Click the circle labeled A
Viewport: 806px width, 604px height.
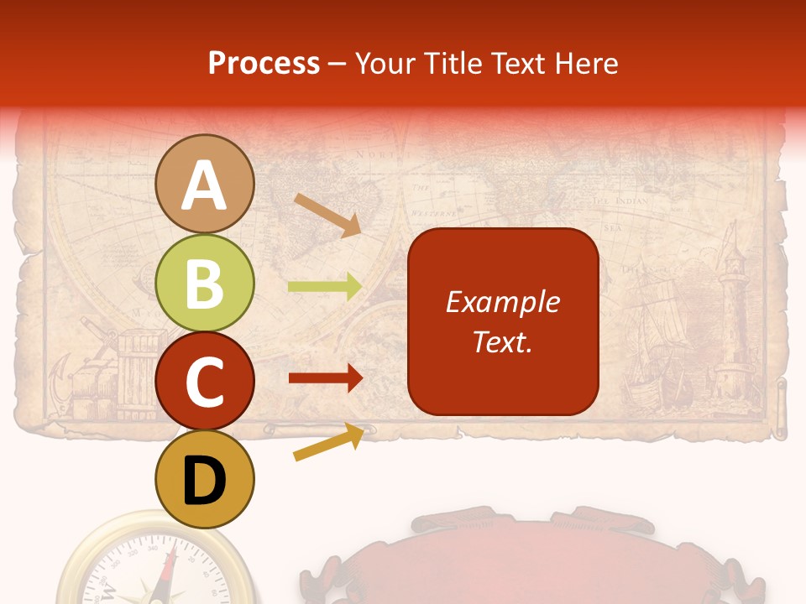[x=205, y=185]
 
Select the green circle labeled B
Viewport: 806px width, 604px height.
[x=205, y=284]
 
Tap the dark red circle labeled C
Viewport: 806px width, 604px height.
[x=205, y=382]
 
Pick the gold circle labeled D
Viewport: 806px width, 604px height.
[x=205, y=479]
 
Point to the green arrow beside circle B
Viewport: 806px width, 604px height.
[x=324, y=287]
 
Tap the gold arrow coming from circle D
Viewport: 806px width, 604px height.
[x=328, y=442]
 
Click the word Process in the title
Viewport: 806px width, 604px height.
[x=264, y=63]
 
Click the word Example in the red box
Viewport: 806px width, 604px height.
[x=503, y=302]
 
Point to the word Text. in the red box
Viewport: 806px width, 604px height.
[x=503, y=341]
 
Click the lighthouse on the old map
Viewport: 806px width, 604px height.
[x=733, y=319]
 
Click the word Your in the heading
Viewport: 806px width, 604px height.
[x=385, y=63]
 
